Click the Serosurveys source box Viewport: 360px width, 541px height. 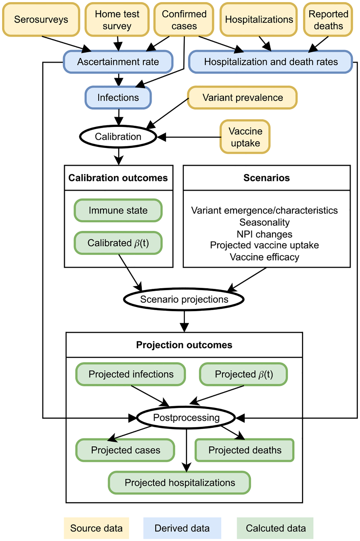pos(41,20)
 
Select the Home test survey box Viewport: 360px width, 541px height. pos(117,20)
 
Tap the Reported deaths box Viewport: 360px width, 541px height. pos(328,20)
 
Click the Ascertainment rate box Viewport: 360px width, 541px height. pos(118,62)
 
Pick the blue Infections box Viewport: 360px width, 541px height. pos(118,98)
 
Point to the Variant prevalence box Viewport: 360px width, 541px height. pos(242,98)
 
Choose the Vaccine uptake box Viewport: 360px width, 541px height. pos(245,137)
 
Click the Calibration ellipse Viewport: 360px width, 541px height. pos(118,137)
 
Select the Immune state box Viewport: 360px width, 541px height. pos(118,210)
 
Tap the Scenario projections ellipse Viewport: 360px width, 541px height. pos(184,299)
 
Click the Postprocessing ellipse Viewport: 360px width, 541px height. pos(186,418)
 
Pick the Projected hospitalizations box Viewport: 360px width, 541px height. pos(179,482)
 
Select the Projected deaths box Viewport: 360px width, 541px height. pos(244,450)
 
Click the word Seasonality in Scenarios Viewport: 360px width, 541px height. pos(264,222)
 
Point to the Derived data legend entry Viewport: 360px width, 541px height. pos(182,528)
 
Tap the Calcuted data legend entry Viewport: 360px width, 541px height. pos(275,528)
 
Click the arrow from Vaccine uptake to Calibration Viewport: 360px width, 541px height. pos(192,137)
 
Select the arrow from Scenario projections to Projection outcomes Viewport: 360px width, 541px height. pos(184,321)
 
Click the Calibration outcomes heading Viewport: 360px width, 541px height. pos(118,178)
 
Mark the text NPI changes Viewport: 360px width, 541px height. pos(264,234)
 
